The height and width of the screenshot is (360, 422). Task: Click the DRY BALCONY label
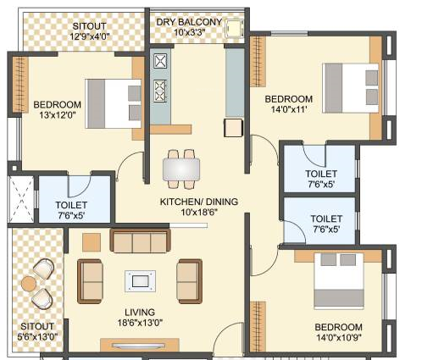point(188,22)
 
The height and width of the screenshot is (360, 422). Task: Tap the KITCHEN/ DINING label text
point(199,202)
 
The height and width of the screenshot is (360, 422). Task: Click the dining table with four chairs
point(181,168)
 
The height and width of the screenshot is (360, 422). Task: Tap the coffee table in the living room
point(140,280)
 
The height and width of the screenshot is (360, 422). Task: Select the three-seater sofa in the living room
point(140,241)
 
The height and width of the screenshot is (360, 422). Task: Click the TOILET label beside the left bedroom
point(72,205)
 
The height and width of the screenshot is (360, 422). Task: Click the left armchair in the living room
point(92,280)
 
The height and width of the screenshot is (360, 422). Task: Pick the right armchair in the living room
point(189,280)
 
